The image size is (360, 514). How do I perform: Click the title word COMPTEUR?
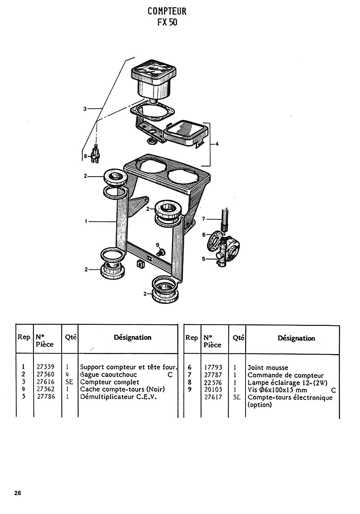pos(167,11)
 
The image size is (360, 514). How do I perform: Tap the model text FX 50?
pos(167,22)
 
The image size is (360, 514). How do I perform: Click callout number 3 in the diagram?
pos(85,109)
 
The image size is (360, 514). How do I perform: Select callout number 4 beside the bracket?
pos(217,144)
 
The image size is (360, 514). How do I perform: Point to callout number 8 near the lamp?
pos(85,156)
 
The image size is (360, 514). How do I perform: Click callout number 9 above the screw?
pos(157,245)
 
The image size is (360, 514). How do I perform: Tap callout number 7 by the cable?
pos(203,219)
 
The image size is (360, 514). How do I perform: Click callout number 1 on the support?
pos(86,221)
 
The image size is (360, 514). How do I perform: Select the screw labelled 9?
pos(161,253)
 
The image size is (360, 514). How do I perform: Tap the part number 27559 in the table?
pos(46,367)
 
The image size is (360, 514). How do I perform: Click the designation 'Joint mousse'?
pos(268,368)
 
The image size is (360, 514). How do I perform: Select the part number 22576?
pos(213,382)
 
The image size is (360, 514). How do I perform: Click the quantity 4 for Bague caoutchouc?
pos(67,375)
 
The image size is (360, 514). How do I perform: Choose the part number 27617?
pos(213,397)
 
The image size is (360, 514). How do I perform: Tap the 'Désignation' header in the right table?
pos(296,338)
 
